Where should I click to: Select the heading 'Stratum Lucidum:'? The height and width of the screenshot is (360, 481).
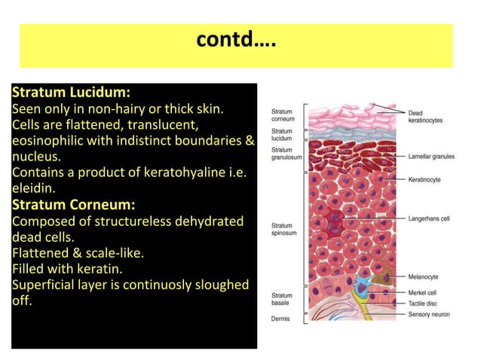(x=72, y=93)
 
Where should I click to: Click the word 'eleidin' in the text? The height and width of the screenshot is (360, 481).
(x=32, y=188)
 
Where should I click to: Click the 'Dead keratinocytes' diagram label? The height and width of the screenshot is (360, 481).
(x=425, y=117)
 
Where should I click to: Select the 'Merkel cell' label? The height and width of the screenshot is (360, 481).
(x=423, y=292)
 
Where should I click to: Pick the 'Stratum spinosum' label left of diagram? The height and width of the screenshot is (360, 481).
(x=283, y=229)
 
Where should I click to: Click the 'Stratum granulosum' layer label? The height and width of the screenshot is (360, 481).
(x=286, y=154)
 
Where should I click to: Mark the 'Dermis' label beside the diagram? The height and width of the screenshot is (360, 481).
(x=280, y=319)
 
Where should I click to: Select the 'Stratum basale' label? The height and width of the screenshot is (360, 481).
(x=282, y=300)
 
